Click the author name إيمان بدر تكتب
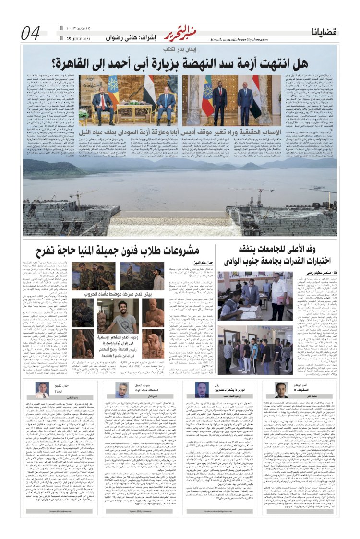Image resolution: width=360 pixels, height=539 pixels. [178, 49]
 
